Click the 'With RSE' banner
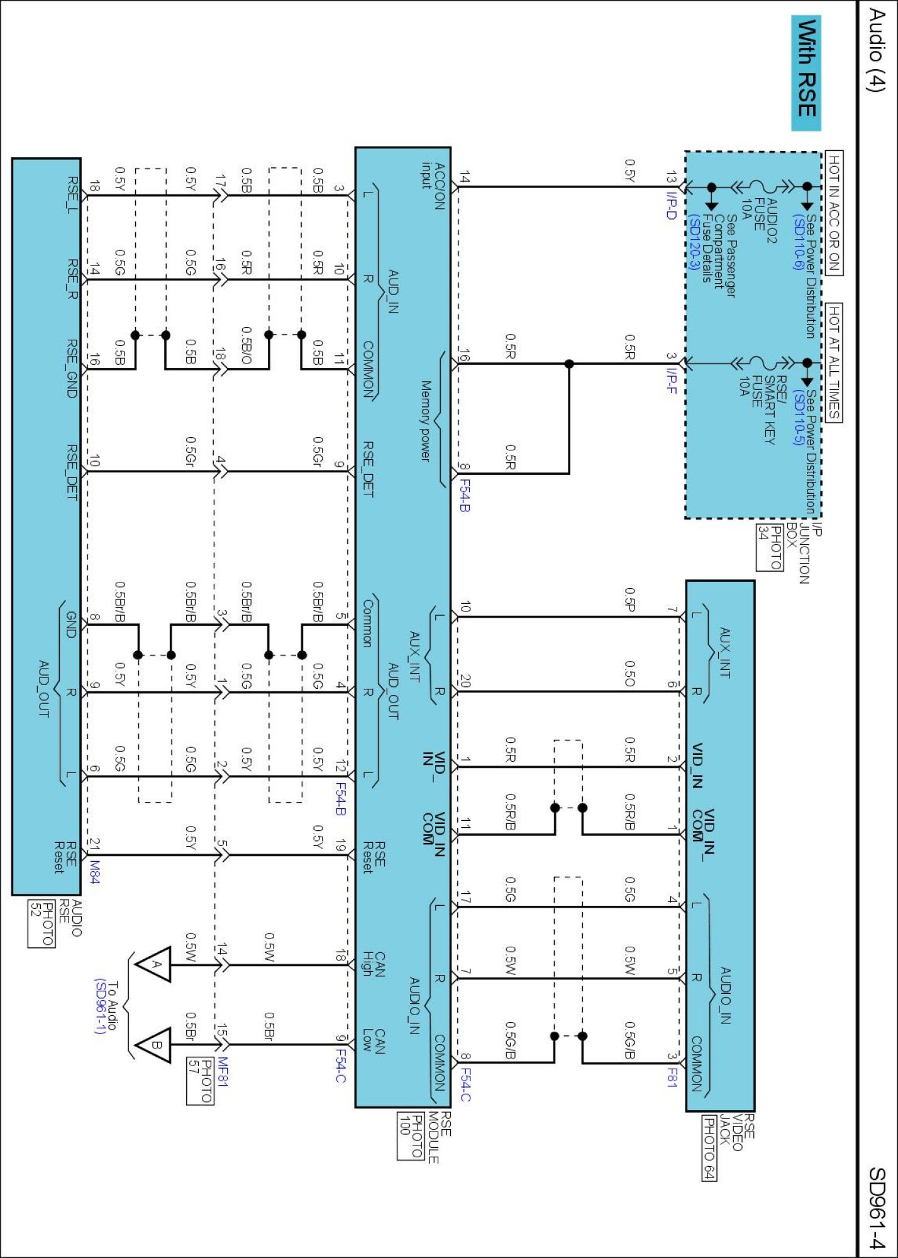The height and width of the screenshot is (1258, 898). pyautogui.click(x=806, y=73)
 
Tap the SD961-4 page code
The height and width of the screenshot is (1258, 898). pyautogui.click(x=877, y=1207)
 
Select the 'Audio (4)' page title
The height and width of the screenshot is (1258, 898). pyautogui.click(x=877, y=50)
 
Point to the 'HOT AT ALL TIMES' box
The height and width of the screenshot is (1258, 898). pyautogui.click(x=833, y=362)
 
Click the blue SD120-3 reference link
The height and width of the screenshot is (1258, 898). pyautogui.click(x=694, y=242)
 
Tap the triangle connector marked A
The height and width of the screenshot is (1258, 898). pyautogui.click(x=154, y=964)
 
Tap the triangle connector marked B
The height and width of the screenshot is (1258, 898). pyautogui.click(x=154, y=1045)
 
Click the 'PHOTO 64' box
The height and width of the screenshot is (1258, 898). pyautogui.click(x=709, y=1149)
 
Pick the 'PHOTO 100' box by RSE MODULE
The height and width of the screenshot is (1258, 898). pyautogui.click(x=410, y=1136)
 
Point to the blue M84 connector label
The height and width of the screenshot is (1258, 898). pyautogui.click(x=94, y=872)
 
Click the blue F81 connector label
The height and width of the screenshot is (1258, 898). pyautogui.click(x=672, y=1077)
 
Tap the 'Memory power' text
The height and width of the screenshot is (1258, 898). pyautogui.click(x=426, y=421)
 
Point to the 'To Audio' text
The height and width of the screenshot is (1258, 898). pyautogui.click(x=113, y=1006)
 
